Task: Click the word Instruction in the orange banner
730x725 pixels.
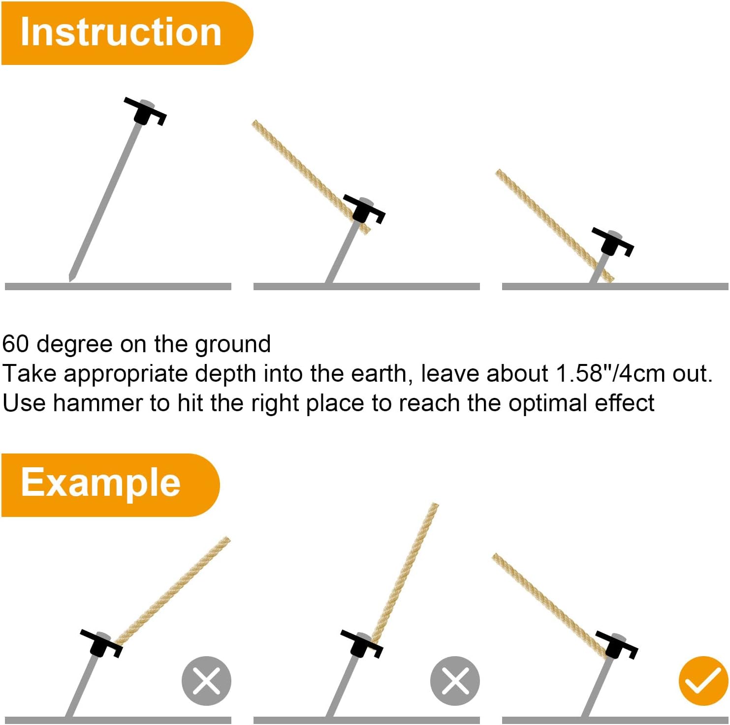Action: click(x=121, y=32)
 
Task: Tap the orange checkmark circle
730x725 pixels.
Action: click(x=703, y=681)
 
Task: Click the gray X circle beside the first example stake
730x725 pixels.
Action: click(x=206, y=681)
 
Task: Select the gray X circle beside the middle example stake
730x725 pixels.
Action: click(x=455, y=681)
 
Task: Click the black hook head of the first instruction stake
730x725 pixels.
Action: click(x=145, y=111)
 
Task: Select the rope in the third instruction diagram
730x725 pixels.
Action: click(x=555, y=226)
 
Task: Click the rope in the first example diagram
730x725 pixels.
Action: click(x=172, y=590)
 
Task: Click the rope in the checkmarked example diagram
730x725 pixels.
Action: click(x=549, y=606)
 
